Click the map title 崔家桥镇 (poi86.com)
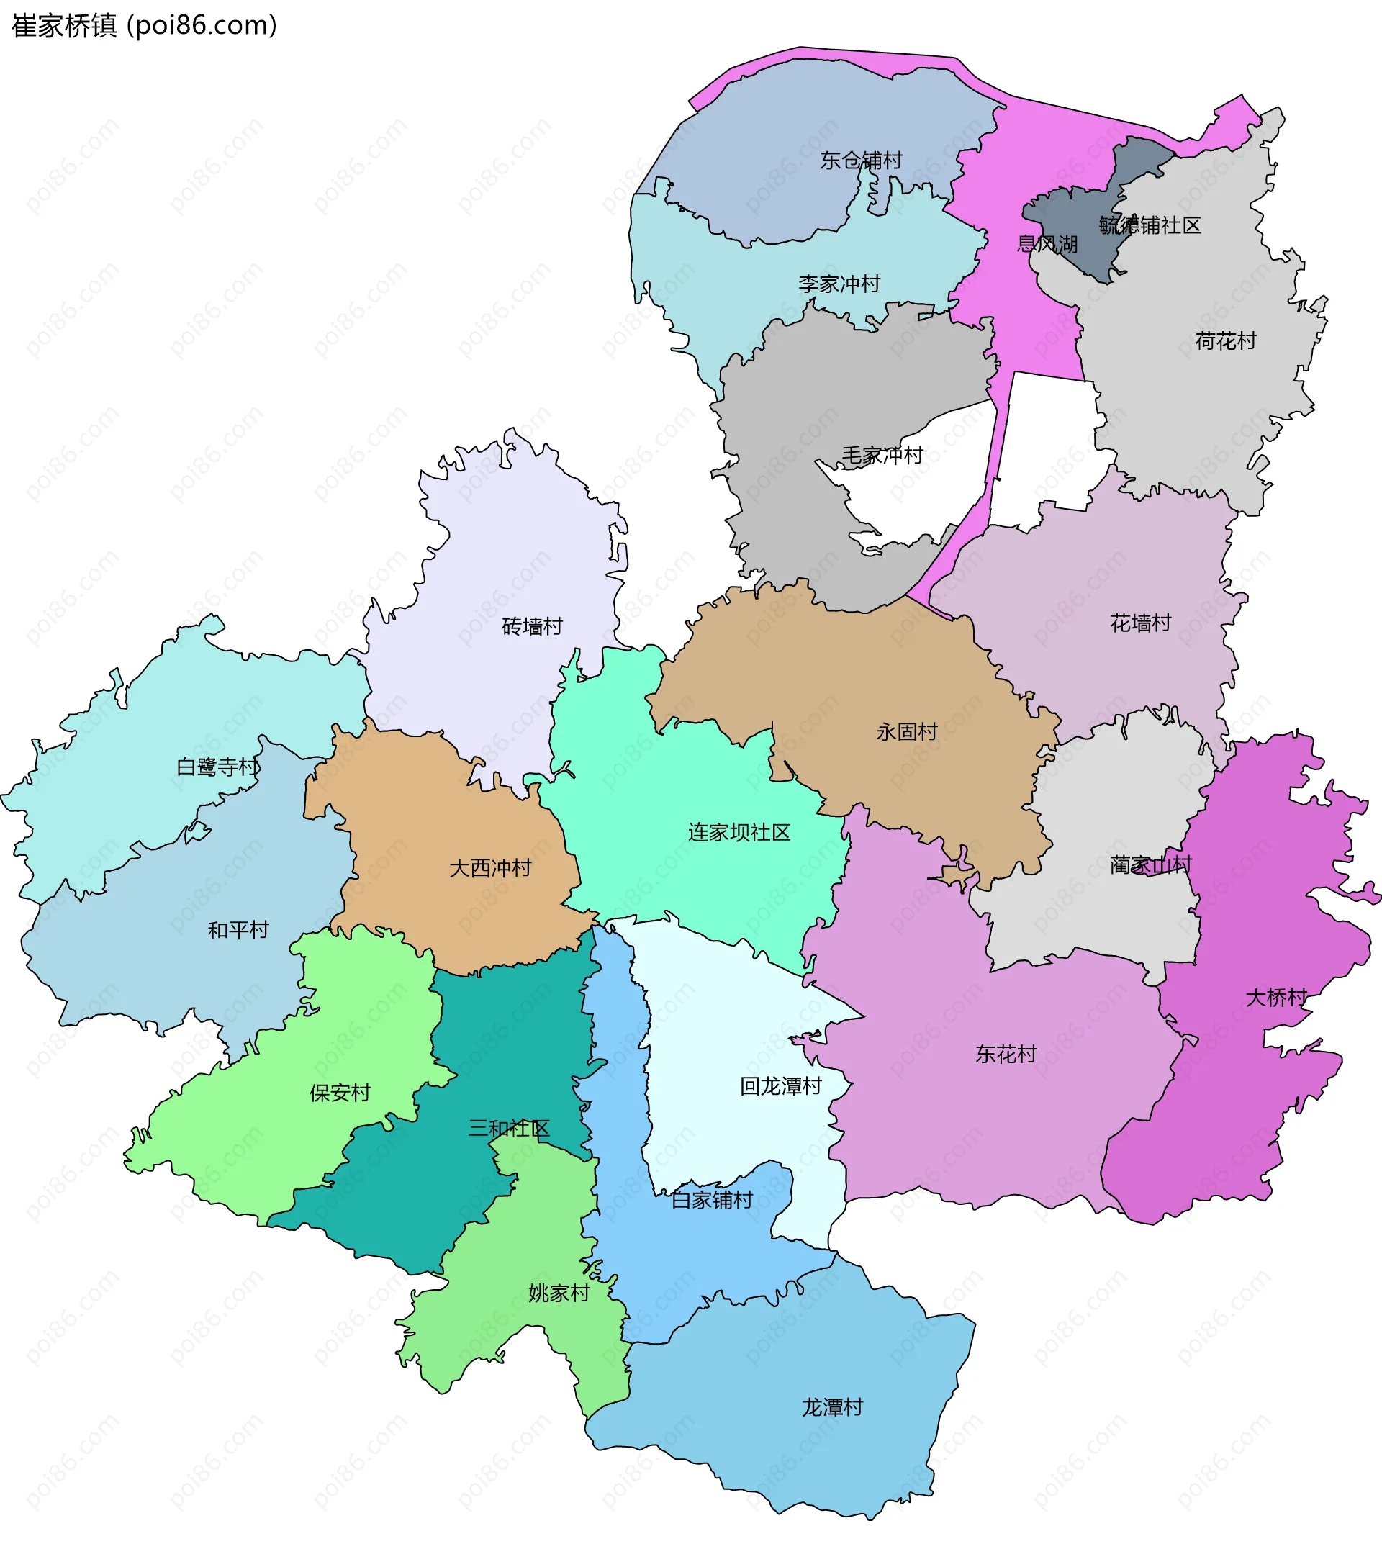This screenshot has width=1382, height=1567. [x=144, y=26]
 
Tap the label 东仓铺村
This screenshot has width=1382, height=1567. [x=861, y=161]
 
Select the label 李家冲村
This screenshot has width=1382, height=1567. [x=839, y=284]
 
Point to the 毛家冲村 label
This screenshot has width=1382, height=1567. [x=882, y=456]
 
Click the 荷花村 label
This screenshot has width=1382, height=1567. [x=1226, y=341]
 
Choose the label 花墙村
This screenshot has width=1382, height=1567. [x=1141, y=623]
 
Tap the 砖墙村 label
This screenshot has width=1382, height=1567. [x=532, y=627]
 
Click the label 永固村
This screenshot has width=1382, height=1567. [x=907, y=732]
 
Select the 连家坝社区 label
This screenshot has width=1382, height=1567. [x=739, y=833]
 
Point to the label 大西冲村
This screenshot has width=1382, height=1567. [x=489, y=869]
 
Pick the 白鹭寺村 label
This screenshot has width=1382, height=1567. [x=217, y=767]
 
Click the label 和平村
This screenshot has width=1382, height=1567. [x=238, y=931]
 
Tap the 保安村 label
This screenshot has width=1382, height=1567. [x=340, y=1093]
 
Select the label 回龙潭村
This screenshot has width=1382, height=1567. [x=780, y=1086]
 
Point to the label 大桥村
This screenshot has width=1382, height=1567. [x=1276, y=998]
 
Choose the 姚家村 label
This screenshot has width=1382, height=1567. [x=559, y=1293]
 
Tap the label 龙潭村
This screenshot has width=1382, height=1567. [x=831, y=1407]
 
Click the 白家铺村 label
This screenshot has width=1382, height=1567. [x=712, y=1201]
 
